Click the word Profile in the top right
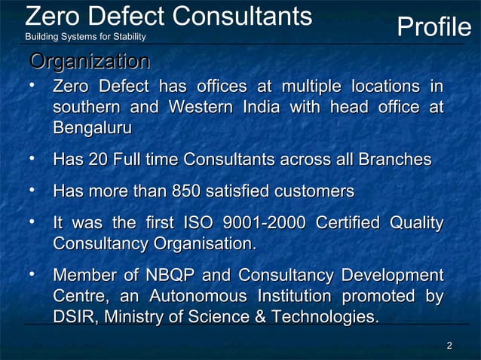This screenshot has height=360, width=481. click(x=434, y=29)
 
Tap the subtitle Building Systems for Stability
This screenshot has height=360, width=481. click(x=86, y=37)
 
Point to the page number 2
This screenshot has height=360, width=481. click(x=449, y=346)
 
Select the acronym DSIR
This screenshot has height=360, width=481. click(x=75, y=317)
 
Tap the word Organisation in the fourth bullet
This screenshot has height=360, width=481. click(x=204, y=244)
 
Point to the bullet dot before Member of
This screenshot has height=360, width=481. click(x=32, y=274)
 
